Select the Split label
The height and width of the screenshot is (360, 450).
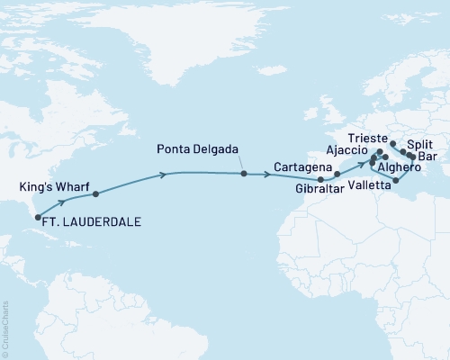point(419,144)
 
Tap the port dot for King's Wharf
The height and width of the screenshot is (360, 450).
point(95,193)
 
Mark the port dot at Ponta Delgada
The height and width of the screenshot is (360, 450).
point(244,173)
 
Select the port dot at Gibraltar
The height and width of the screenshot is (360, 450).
point(320,179)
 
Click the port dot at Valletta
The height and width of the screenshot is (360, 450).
point(396,180)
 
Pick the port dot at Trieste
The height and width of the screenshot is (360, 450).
point(392,143)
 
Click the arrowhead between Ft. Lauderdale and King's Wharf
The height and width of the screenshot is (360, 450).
point(60,203)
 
